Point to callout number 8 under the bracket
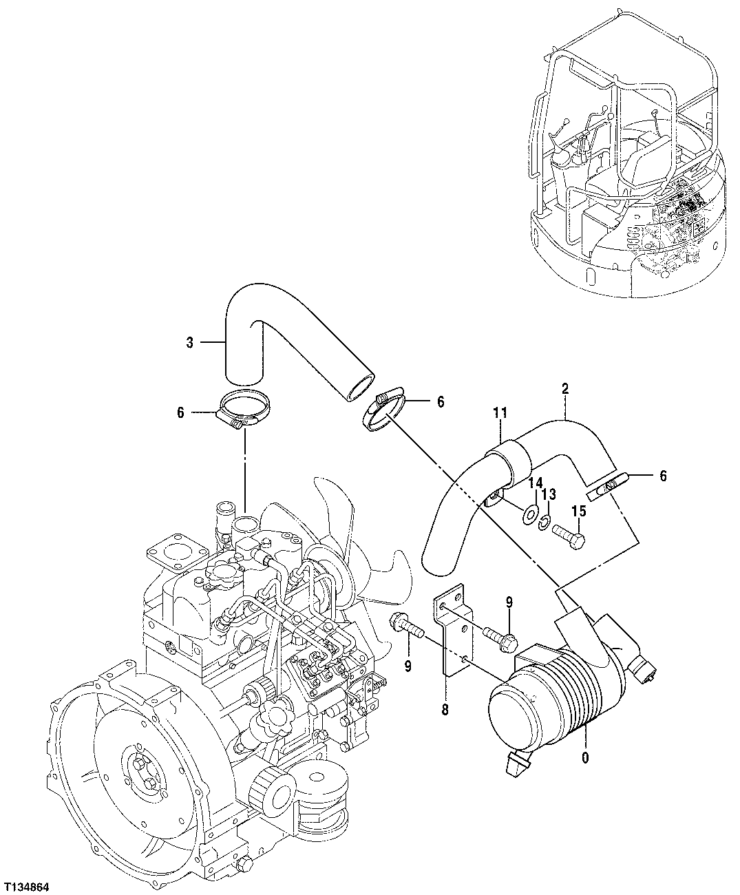445,710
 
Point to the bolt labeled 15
569,535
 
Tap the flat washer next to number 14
530,514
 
